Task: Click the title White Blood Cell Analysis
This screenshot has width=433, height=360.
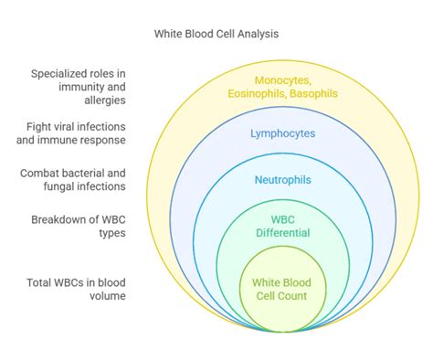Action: coord(216,33)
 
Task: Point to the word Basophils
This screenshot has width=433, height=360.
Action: coord(312,92)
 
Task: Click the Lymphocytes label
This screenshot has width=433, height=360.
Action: coord(283,133)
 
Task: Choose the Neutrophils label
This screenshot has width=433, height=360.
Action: coord(283,180)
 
